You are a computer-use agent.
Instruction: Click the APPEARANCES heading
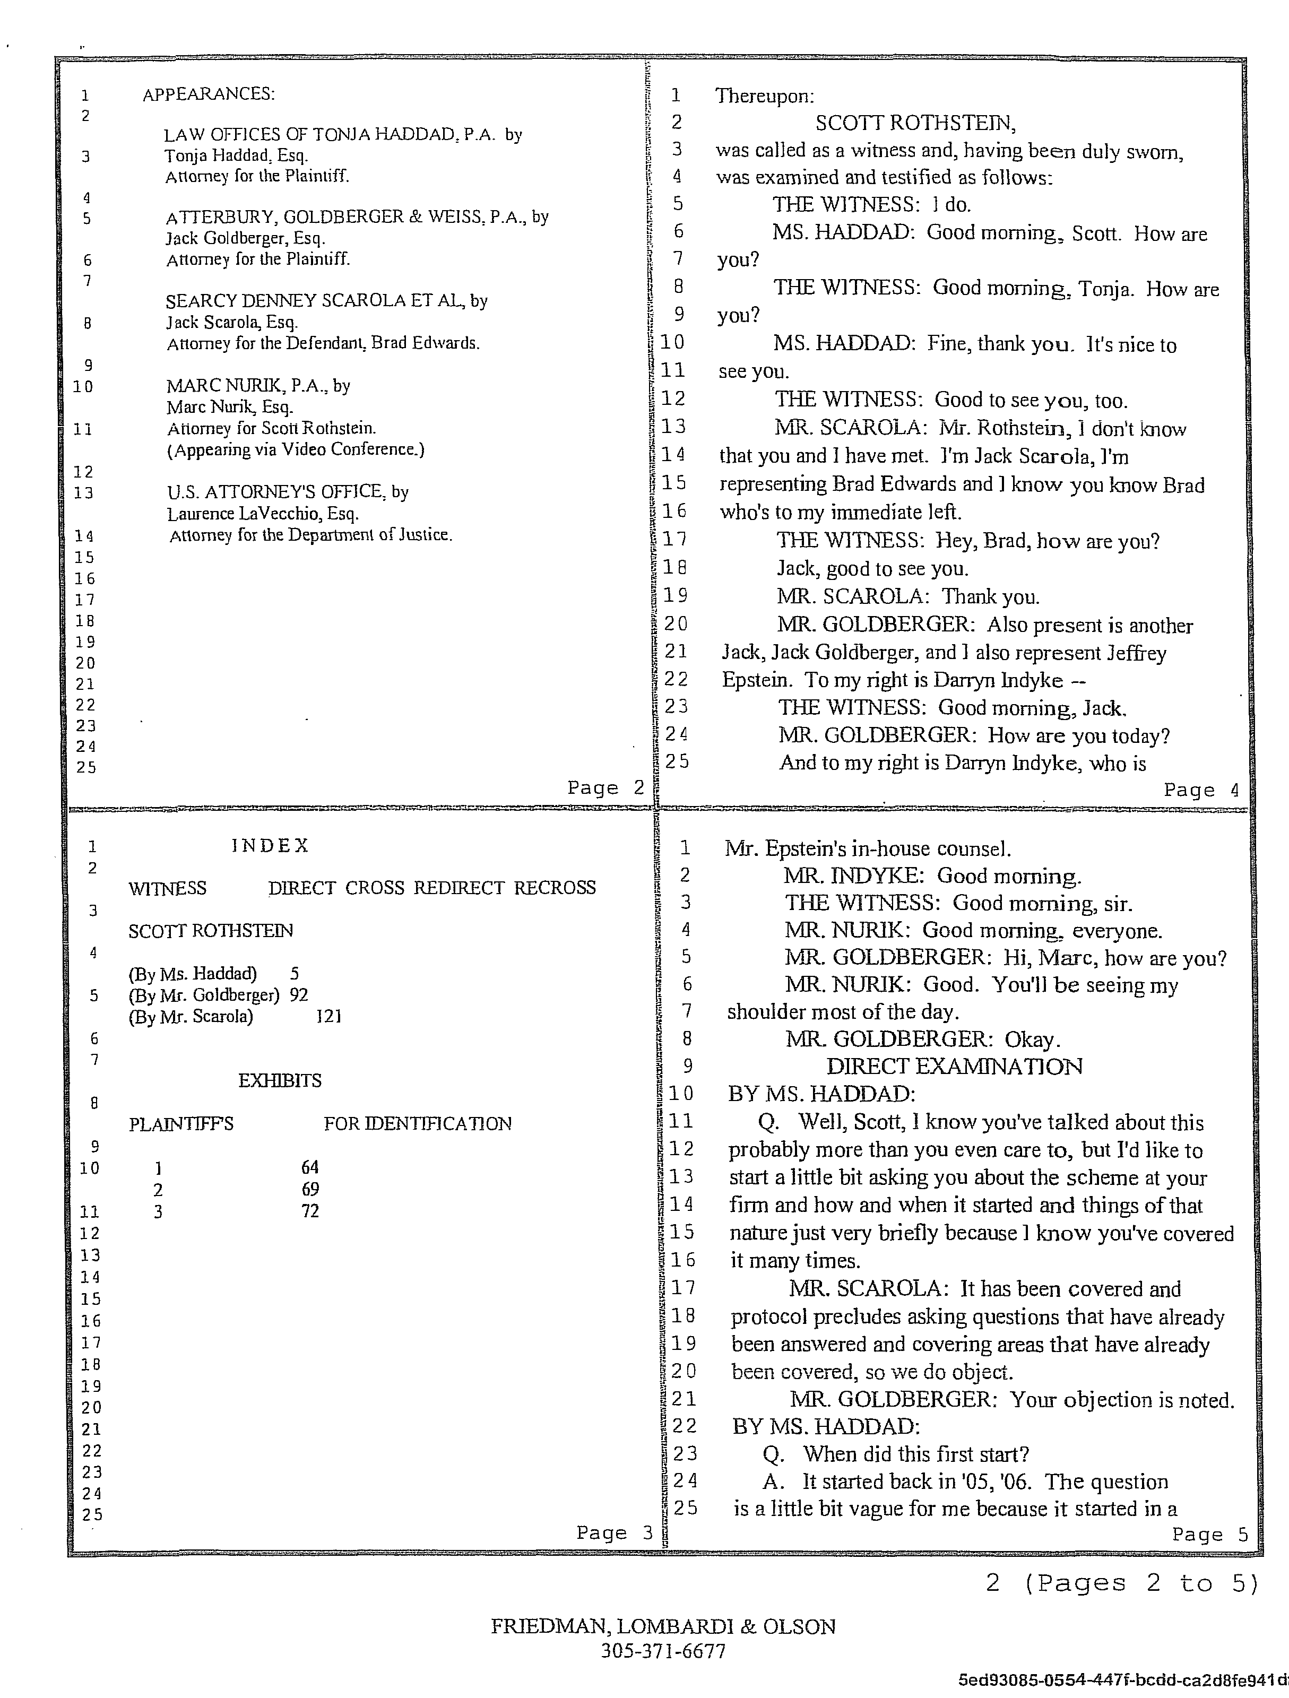click(209, 94)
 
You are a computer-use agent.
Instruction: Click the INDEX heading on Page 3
click(270, 845)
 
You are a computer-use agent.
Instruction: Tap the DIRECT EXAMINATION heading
click(954, 1066)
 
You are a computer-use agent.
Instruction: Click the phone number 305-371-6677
click(663, 1651)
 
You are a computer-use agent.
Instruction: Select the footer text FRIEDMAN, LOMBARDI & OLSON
click(663, 1626)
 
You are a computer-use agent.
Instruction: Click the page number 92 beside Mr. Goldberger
click(299, 995)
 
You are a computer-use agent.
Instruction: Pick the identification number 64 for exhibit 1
click(309, 1167)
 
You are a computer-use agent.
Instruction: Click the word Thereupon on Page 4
click(764, 96)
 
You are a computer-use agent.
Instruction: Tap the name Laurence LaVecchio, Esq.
click(263, 514)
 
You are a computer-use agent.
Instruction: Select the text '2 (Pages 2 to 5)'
click(1122, 1583)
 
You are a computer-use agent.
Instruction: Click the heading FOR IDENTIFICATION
click(417, 1124)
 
